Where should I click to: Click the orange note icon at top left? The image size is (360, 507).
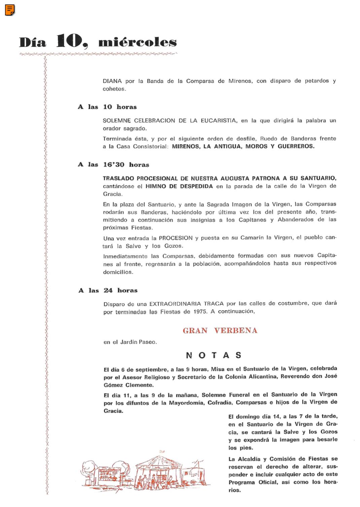point(10,10)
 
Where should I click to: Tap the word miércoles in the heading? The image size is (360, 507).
point(137,43)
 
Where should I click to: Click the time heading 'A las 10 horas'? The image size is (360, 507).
point(107,107)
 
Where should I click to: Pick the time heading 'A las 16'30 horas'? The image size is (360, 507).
point(113,165)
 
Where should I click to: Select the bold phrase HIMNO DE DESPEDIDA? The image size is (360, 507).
point(179,187)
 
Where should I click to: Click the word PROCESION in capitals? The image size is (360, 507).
point(176,238)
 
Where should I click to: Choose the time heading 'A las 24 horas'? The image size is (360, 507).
point(108,291)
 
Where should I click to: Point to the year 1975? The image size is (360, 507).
point(200,312)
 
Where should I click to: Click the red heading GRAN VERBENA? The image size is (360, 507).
point(220,331)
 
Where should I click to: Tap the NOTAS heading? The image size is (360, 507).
point(214,356)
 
